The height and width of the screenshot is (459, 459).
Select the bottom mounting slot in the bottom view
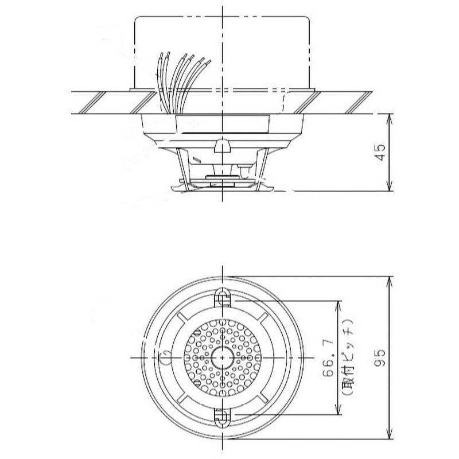(x=222, y=417)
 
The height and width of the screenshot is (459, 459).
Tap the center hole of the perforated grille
(x=222, y=357)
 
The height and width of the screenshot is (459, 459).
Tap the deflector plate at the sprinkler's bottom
(x=222, y=184)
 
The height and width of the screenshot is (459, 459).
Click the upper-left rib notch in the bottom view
(x=182, y=317)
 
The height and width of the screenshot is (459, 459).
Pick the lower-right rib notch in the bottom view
(x=262, y=397)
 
